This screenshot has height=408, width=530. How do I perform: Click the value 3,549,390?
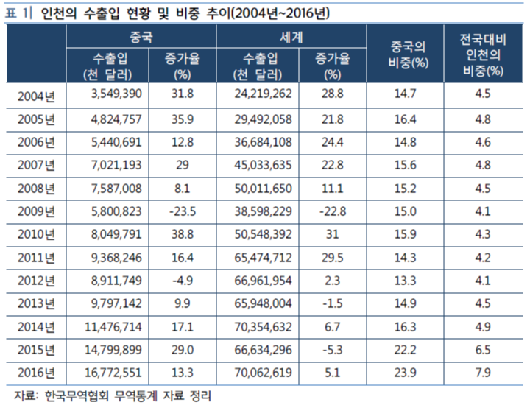pyautogui.click(x=107, y=94)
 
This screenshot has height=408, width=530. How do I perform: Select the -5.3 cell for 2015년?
pyautogui.click(x=332, y=348)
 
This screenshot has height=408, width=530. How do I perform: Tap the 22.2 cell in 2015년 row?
pyautogui.click(x=409, y=348)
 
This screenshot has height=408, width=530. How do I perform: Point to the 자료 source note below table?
pyautogui.click(x=118, y=395)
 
